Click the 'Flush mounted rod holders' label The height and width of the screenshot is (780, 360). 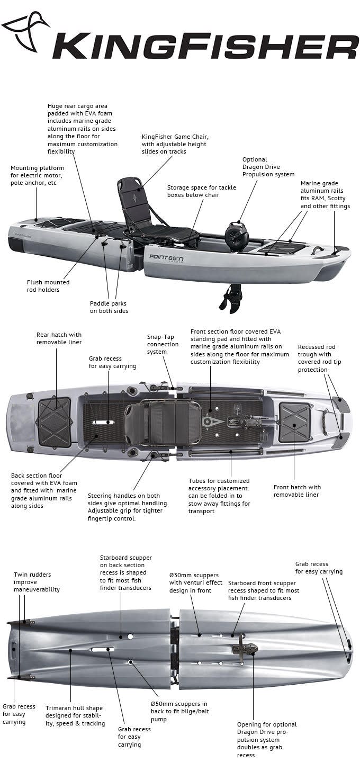48,286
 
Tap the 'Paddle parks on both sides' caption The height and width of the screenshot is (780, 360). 109,307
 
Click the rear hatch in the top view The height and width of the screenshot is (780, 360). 53,422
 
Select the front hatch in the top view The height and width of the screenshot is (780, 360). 295,422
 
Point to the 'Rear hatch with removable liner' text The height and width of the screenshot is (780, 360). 59,338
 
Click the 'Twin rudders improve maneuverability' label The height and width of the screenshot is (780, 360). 37,582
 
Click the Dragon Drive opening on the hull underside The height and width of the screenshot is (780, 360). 245,649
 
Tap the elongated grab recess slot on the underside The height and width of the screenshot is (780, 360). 102,649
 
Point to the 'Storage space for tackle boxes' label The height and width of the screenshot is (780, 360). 202,191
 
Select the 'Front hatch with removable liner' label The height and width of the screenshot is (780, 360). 297,491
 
